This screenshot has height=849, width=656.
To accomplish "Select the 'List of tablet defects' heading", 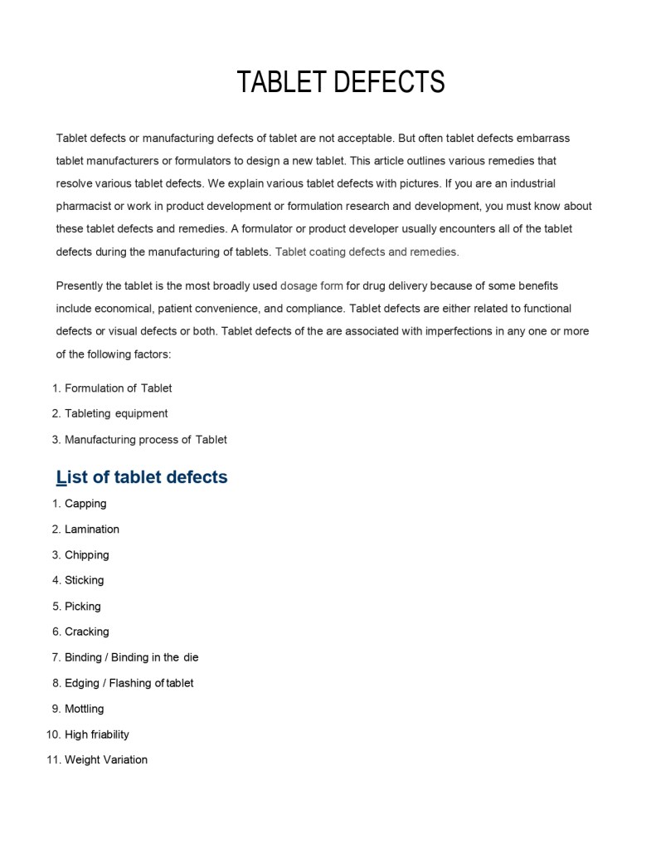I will (x=142, y=477).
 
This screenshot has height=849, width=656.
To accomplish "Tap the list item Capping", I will (x=85, y=504).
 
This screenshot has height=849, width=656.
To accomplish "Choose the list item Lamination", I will (x=92, y=529).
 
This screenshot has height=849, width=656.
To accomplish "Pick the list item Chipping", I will (x=87, y=555).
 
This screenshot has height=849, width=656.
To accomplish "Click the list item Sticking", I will (x=85, y=580).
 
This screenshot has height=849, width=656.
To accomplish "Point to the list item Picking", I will (x=83, y=607).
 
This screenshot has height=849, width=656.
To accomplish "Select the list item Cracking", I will (x=87, y=632).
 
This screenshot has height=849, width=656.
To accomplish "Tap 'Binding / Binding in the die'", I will (x=132, y=657).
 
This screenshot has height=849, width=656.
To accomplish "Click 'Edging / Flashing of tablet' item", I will (x=129, y=683).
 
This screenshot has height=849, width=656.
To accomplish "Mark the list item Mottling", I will (x=85, y=709).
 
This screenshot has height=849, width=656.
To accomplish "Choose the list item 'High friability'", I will (x=97, y=734).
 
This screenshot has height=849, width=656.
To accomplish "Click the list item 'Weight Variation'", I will (x=106, y=759).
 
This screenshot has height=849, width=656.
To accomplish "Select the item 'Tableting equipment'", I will (x=116, y=413).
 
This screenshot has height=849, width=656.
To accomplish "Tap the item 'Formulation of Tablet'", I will (x=119, y=388).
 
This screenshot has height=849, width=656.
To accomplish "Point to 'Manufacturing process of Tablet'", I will (x=146, y=440).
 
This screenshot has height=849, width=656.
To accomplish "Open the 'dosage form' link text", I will (x=312, y=286).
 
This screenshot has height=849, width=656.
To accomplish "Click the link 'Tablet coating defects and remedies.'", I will (x=367, y=251).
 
